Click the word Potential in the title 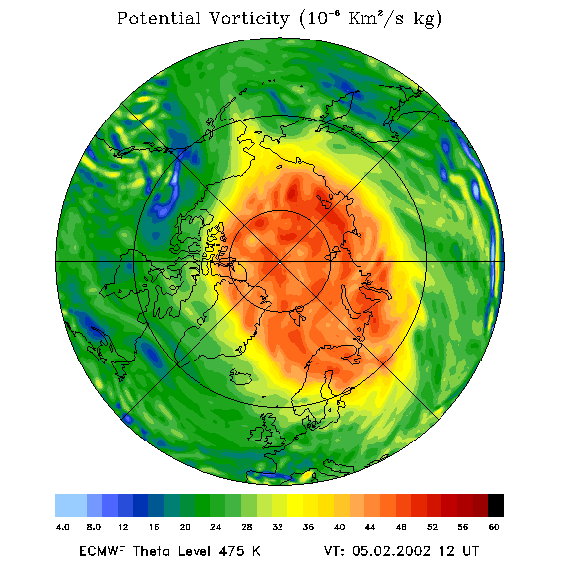tap(158, 18)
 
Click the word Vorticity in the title tap(249, 18)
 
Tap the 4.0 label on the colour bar tap(63, 527)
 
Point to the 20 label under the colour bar tap(185, 527)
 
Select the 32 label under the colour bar tap(278, 527)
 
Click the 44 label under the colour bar tap(370, 527)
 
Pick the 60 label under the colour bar tap(494, 527)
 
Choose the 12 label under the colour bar tap(123, 527)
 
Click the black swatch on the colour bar tap(496, 505)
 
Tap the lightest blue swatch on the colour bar tap(71, 505)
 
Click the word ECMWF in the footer tap(103, 550)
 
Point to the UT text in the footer tap(470, 550)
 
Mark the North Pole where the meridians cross tap(280, 262)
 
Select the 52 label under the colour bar tap(432, 527)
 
